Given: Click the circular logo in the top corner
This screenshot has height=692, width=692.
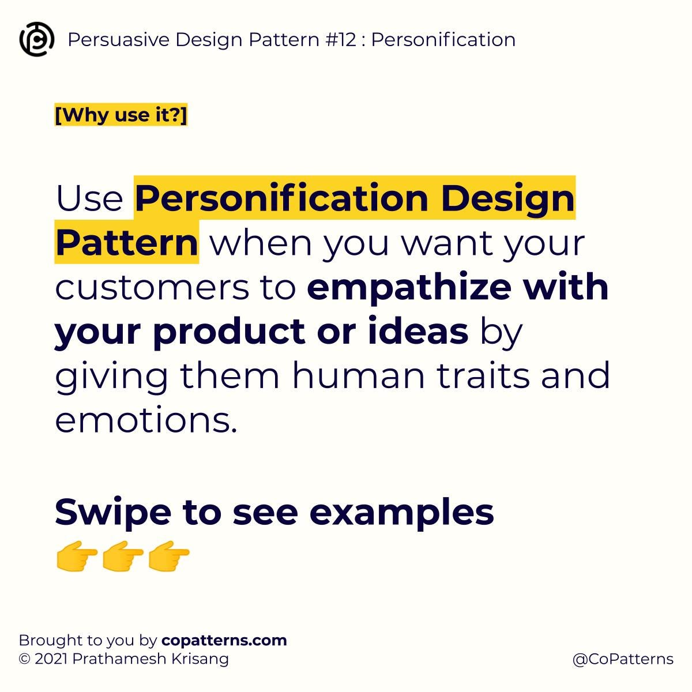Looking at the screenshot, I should click(x=37, y=39).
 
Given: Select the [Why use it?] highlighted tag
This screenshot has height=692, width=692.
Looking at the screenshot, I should click(x=121, y=115).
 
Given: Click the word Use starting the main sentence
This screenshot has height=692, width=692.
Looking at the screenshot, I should click(x=89, y=198).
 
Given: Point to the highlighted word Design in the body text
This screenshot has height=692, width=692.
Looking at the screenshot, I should click(x=507, y=198).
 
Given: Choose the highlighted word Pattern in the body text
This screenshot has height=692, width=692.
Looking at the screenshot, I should click(x=127, y=243).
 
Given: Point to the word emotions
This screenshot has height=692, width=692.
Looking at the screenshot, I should click(x=146, y=420).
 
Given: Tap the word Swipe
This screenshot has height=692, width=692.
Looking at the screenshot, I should click(x=113, y=512).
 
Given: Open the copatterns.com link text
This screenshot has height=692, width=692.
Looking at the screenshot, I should click(x=224, y=640).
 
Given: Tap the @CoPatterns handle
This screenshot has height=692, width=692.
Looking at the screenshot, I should click(x=623, y=659).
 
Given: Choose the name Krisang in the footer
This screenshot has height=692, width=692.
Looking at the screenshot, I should click(x=200, y=659).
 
